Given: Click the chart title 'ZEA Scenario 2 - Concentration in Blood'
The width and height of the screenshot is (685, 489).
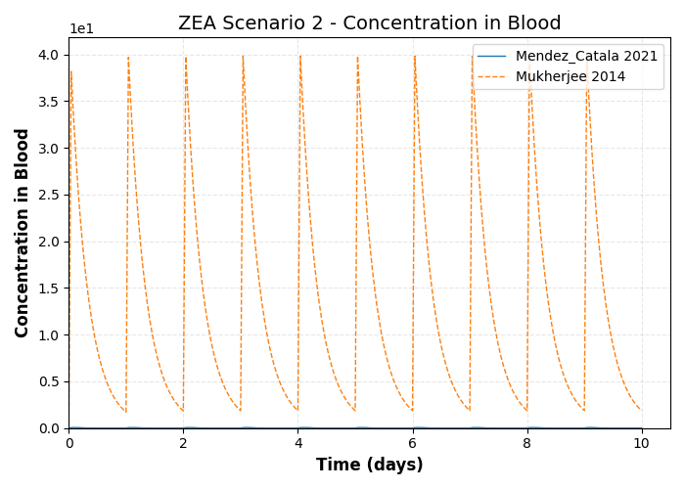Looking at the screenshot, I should click(369, 23).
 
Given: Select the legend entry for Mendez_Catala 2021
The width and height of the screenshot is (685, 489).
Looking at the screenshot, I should click(586, 57).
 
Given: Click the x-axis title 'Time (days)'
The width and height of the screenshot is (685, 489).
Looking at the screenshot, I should click(369, 466).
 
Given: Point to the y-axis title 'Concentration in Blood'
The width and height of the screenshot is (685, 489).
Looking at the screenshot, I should click(23, 233).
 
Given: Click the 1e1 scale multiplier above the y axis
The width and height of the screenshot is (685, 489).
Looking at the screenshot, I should click(81, 29).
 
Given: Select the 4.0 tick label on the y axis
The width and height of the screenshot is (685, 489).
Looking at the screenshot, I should click(49, 56).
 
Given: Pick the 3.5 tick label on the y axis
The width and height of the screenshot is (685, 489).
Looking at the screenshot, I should click(49, 102).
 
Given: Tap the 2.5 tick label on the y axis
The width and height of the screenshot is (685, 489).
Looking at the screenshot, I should click(49, 196).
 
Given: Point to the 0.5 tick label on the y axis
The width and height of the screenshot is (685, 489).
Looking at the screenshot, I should click(49, 381).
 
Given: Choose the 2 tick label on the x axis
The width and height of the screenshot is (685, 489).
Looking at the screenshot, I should click(183, 443).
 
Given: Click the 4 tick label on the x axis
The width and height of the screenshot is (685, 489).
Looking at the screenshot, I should click(297, 443).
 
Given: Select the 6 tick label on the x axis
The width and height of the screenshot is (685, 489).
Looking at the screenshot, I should click(412, 443).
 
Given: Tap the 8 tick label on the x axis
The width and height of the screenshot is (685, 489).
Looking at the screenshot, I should click(526, 443).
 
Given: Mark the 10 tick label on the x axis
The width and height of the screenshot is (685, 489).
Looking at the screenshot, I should click(641, 443).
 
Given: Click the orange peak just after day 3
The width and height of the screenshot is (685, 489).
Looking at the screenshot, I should click(243, 57).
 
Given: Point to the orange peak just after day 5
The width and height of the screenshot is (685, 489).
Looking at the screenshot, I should click(357, 57).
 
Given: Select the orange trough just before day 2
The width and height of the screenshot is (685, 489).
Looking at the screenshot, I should click(182, 411).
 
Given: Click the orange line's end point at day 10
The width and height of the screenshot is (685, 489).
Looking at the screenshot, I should click(641, 410).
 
